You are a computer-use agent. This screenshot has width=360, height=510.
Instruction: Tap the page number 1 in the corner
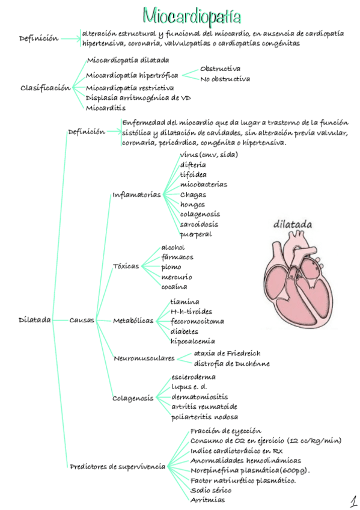pyautogui.click(x=353, y=500)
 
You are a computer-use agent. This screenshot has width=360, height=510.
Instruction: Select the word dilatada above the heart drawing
pyautogui.click(x=293, y=225)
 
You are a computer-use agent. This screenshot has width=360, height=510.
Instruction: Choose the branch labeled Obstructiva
pyautogui.click(x=220, y=69)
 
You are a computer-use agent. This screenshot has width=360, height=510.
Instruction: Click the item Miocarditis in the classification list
pyautogui.click(x=106, y=108)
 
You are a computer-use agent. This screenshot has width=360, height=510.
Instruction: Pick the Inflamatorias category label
pyautogui.click(x=136, y=195)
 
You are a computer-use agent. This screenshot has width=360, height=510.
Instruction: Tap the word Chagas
pyautogui.click(x=193, y=194)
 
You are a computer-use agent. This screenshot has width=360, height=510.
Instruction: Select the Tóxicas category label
pyautogui.click(x=126, y=266)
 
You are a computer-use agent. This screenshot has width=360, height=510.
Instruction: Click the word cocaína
pyautogui.click(x=174, y=287)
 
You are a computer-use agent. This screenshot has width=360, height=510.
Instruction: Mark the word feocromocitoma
pyautogui.click(x=197, y=321)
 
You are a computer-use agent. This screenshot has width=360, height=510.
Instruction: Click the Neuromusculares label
pyautogui.click(x=144, y=358)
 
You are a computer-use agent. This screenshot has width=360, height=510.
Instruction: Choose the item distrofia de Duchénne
pyautogui.click(x=231, y=363)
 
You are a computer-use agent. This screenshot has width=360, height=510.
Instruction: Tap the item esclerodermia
pyautogui.click(x=194, y=377)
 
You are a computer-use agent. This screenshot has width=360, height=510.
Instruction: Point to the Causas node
pyautogui.click(x=82, y=320)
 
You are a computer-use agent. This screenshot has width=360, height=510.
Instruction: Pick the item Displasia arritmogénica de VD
pyautogui.click(x=138, y=97)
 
